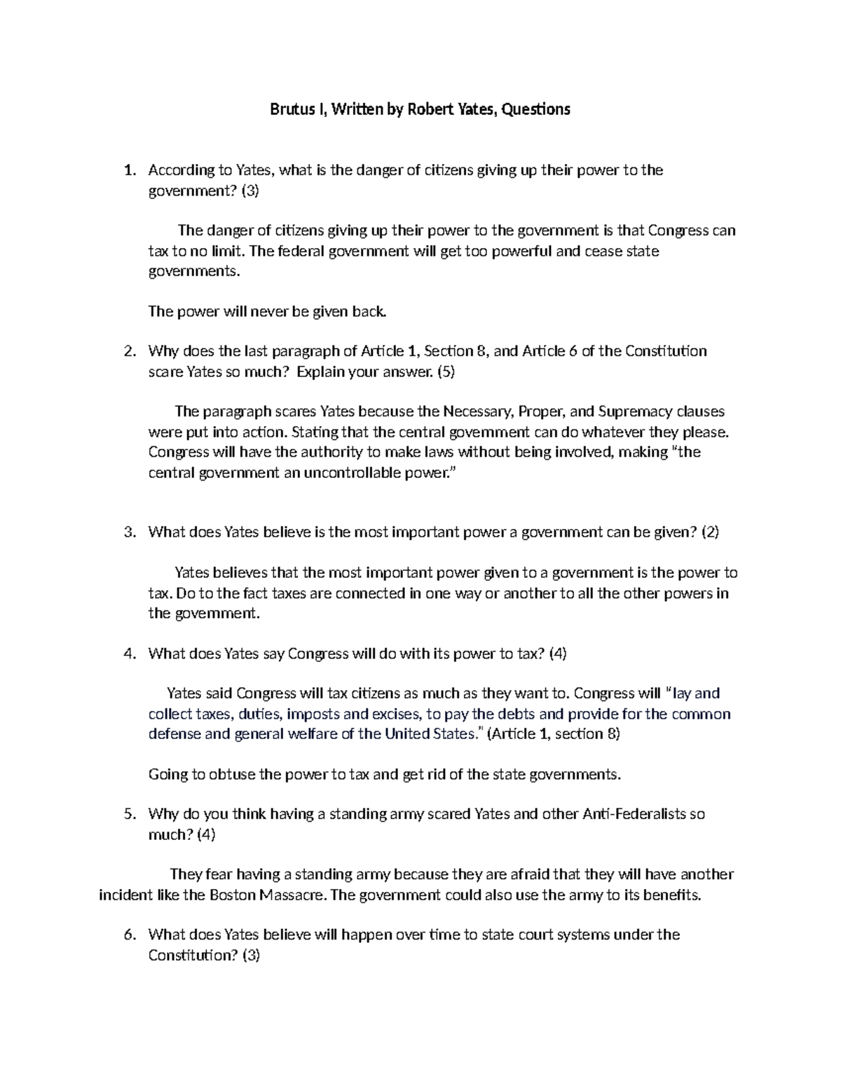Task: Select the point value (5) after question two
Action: click(x=446, y=371)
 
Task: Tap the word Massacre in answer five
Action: click(x=292, y=895)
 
